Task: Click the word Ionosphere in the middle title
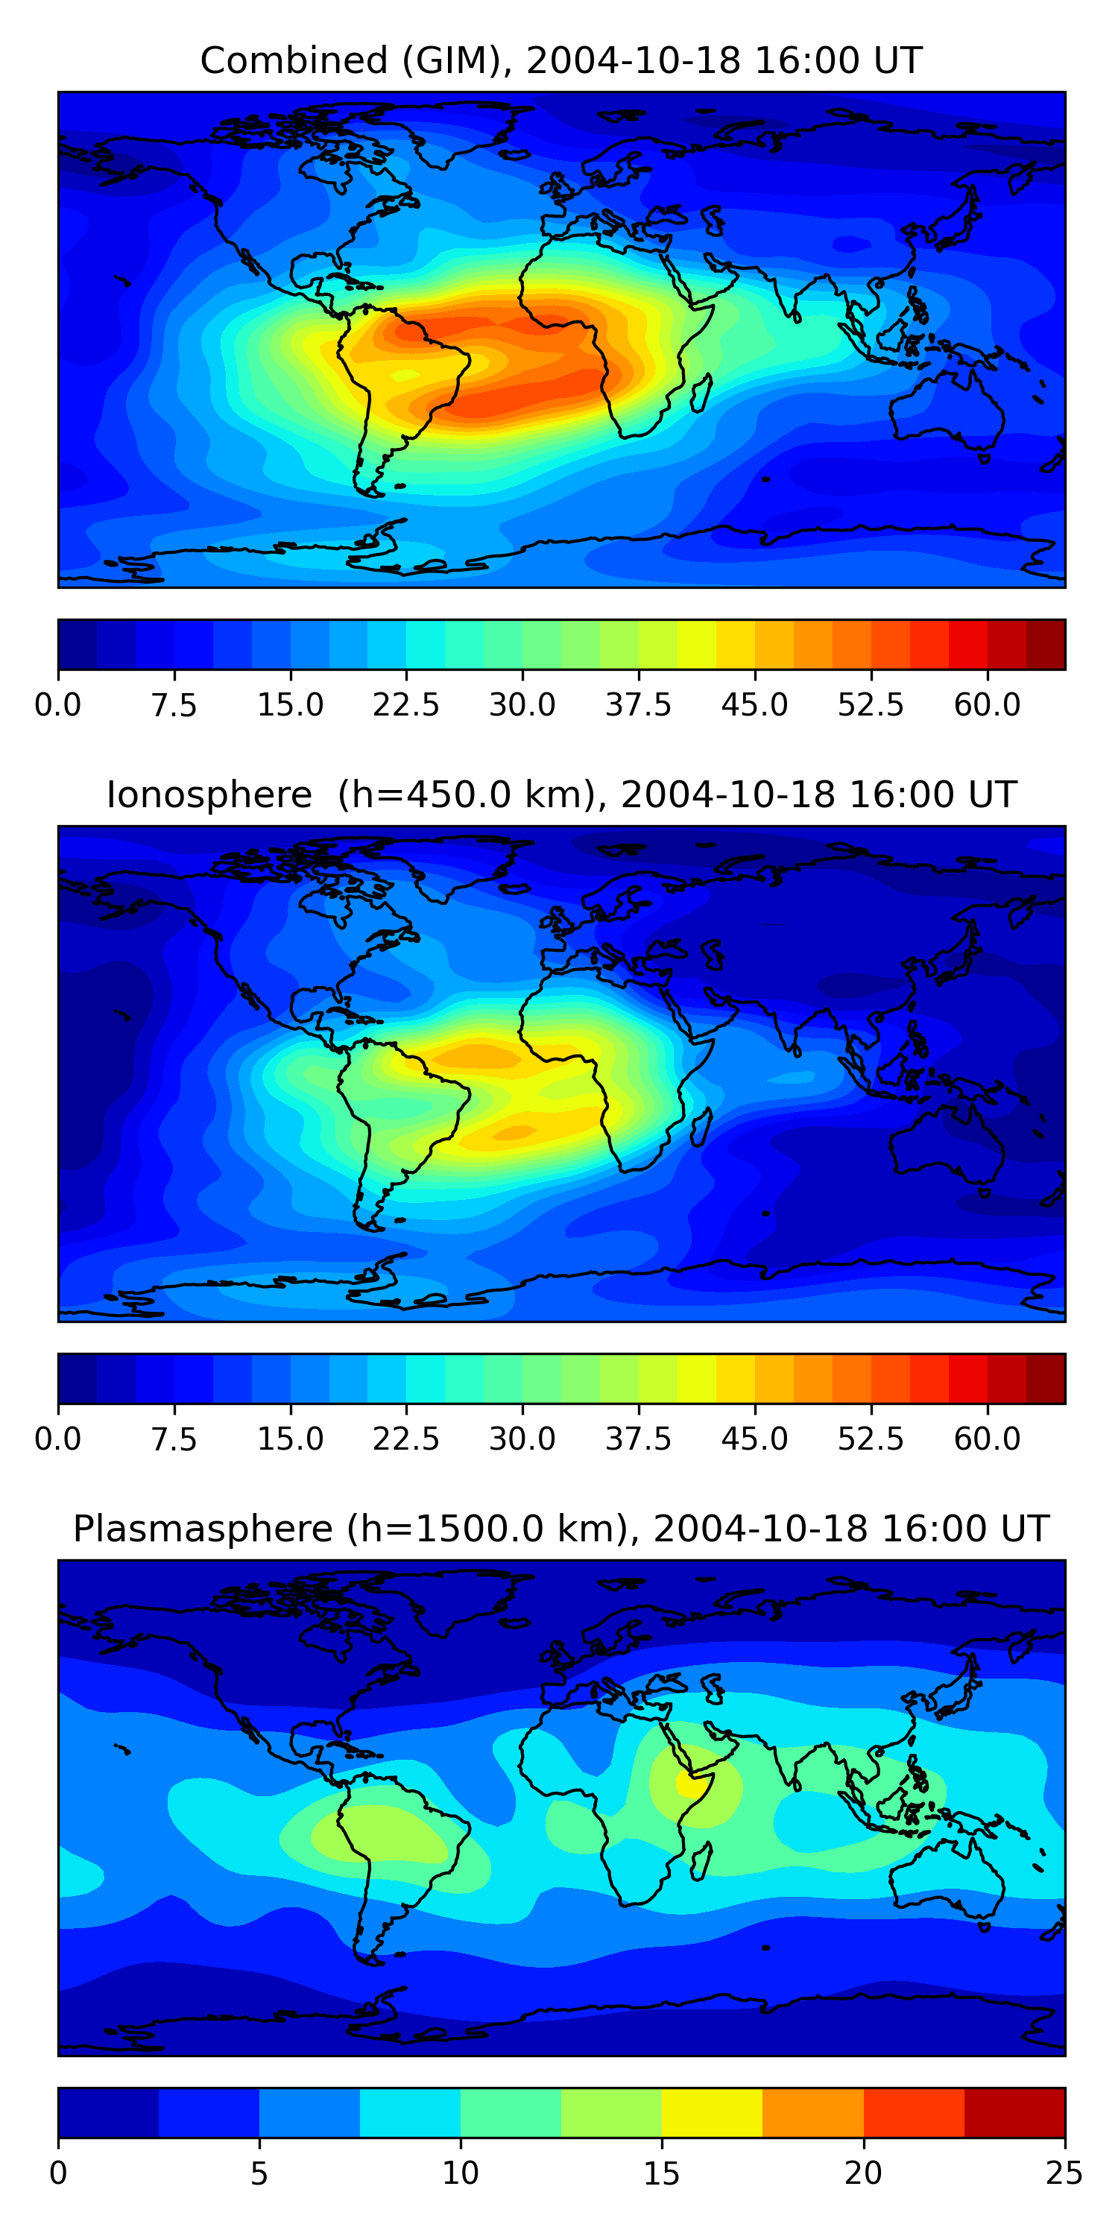(x=209, y=795)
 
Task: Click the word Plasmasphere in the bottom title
(x=202, y=1529)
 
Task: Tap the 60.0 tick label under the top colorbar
(x=987, y=705)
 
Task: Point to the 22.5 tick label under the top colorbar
(x=406, y=705)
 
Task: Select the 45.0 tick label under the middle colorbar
(x=754, y=1439)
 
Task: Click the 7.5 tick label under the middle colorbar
(x=174, y=1439)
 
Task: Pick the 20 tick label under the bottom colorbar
(x=863, y=2173)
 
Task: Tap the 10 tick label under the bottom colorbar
(x=460, y=2173)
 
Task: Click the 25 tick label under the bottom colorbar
(x=1064, y=2173)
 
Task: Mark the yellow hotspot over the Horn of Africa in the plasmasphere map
(x=691, y=1784)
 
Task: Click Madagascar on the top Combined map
(x=702, y=392)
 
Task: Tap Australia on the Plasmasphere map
(x=946, y=1866)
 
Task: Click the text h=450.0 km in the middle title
(x=466, y=795)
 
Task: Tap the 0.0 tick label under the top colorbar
(x=58, y=705)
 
